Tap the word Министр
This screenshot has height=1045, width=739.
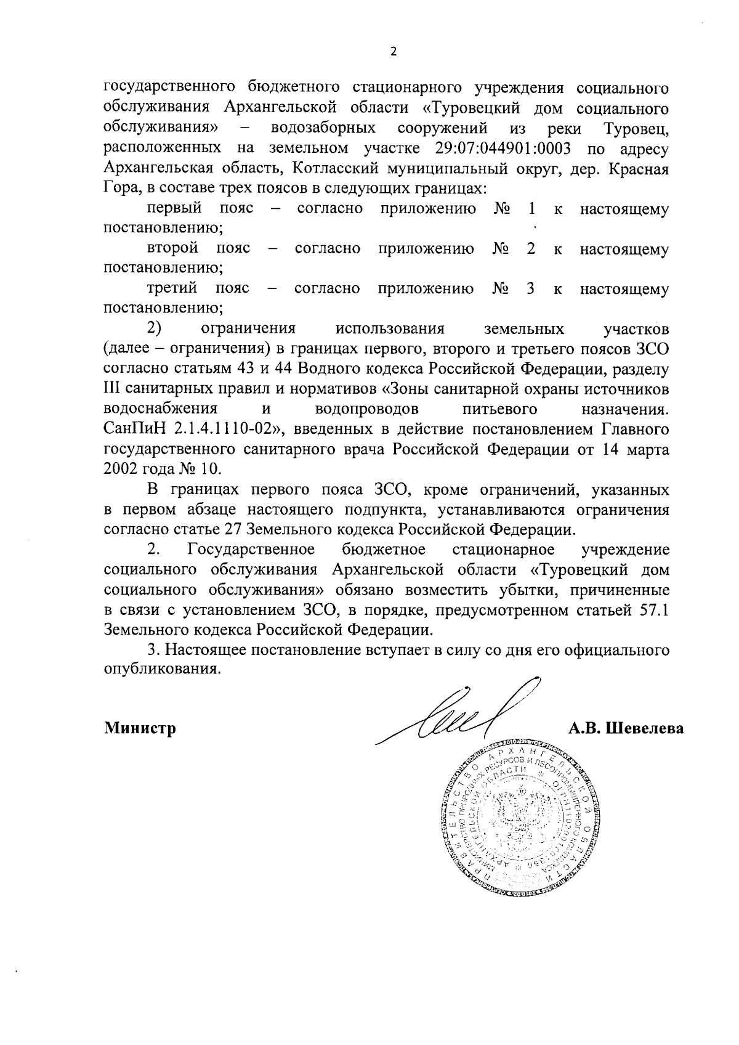[x=140, y=728]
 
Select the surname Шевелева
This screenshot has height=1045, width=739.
[x=646, y=728]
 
